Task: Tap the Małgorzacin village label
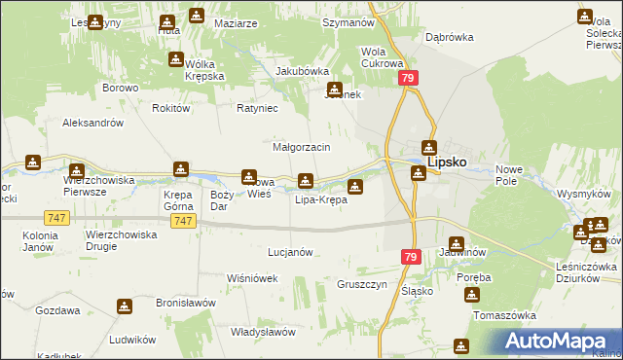(302, 146)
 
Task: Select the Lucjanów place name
(290, 251)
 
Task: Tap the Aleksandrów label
(92, 124)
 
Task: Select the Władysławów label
(263, 332)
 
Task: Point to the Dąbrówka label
(449, 37)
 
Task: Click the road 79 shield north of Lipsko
(409, 78)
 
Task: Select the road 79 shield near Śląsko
(409, 256)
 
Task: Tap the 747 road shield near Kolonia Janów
(55, 222)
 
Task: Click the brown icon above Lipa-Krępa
(306, 180)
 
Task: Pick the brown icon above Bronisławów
(125, 306)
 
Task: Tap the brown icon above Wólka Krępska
(176, 58)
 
